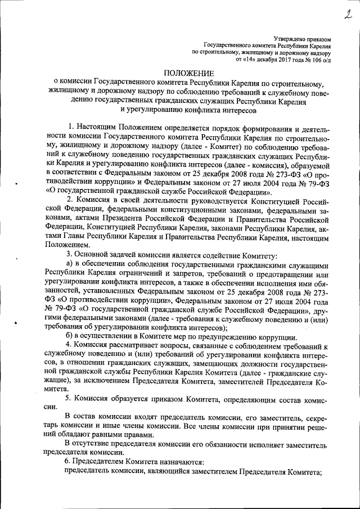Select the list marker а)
click(x=70, y=277)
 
